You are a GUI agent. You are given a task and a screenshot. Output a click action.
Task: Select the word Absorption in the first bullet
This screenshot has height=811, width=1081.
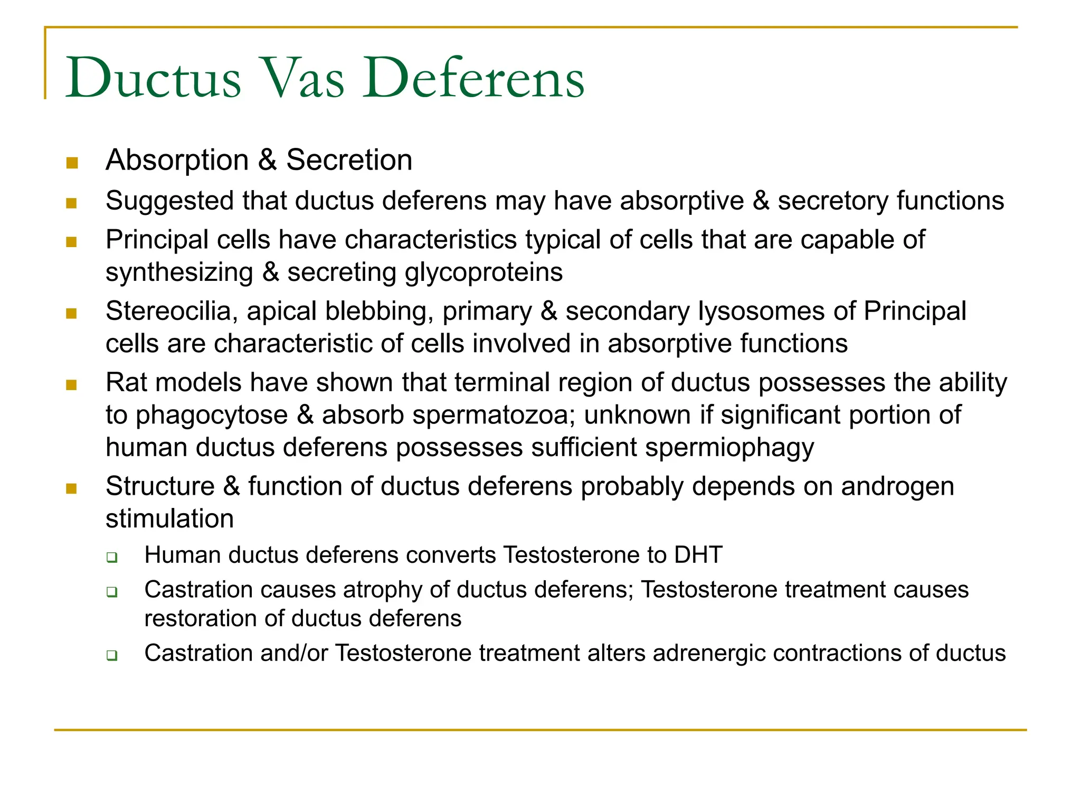pos(177,160)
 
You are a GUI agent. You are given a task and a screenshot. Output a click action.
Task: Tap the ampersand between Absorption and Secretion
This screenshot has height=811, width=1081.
pos(268,160)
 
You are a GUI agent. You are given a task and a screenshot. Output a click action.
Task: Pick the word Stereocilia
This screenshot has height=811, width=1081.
pos(168,311)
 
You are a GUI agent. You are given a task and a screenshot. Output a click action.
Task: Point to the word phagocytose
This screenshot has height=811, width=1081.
pos(212,416)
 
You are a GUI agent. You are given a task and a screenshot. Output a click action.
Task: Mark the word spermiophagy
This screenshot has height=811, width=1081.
pos(729,448)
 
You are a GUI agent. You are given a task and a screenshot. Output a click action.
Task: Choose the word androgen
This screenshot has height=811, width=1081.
pos(897,486)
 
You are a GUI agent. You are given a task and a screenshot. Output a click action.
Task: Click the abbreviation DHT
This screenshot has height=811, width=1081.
pos(698,555)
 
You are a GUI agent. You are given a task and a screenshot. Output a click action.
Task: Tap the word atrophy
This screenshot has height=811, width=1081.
pos(383,590)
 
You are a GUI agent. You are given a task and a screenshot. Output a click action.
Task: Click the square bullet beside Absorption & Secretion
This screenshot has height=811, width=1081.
pos(72,163)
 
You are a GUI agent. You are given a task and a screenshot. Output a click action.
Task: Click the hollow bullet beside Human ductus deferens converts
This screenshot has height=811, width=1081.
pos(112,557)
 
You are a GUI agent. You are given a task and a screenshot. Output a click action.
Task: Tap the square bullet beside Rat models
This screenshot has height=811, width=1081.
pos(72,385)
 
